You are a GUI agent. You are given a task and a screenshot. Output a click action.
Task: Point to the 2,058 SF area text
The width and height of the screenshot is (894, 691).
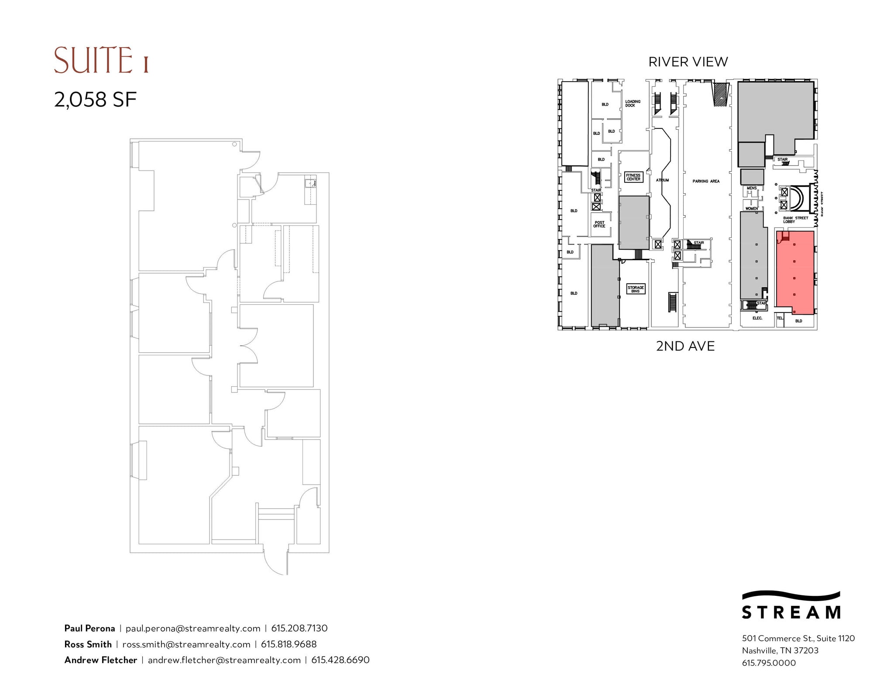tap(95, 100)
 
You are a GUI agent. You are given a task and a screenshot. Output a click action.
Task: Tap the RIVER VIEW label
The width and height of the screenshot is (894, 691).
tap(688, 62)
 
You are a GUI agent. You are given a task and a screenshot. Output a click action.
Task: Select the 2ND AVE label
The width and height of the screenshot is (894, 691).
tap(685, 346)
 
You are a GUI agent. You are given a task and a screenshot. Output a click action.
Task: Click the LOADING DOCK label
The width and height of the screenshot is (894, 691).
tap(633, 103)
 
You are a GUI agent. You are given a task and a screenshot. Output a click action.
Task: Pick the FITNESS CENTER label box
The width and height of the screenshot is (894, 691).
tap(633, 177)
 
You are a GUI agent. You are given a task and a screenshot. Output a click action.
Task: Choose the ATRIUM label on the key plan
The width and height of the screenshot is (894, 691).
tap(662, 180)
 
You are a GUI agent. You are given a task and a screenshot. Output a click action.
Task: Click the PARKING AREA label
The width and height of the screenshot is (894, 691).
tap(706, 181)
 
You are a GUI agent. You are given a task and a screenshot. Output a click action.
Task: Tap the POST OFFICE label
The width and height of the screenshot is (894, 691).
tap(599, 224)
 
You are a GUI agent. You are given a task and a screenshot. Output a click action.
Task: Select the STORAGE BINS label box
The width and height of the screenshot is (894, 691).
tap(636, 289)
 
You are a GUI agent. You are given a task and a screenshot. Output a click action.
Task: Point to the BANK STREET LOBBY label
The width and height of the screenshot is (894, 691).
tap(795, 220)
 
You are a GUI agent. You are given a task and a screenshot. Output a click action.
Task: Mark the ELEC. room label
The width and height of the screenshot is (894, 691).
tap(757, 318)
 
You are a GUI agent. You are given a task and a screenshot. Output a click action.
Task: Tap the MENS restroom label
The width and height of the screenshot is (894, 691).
tap(752, 188)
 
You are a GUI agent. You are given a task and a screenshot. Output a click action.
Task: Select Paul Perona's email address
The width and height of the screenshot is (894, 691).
tap(193, 628)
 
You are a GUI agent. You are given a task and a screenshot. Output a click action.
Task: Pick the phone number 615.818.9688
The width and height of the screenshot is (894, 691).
tap(289, 644)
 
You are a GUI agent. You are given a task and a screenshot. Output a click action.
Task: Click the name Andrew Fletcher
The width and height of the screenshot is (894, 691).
tap(101, 660)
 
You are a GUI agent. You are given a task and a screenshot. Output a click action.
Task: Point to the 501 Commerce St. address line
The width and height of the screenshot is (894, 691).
tap(798, 638)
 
